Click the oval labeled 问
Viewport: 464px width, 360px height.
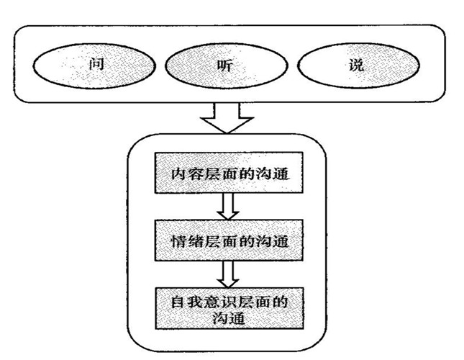coord(94,66)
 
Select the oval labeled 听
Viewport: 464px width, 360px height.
coord(226,66)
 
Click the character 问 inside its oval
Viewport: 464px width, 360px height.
coord(94,66)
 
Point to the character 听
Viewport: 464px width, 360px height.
coord(226,66)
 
